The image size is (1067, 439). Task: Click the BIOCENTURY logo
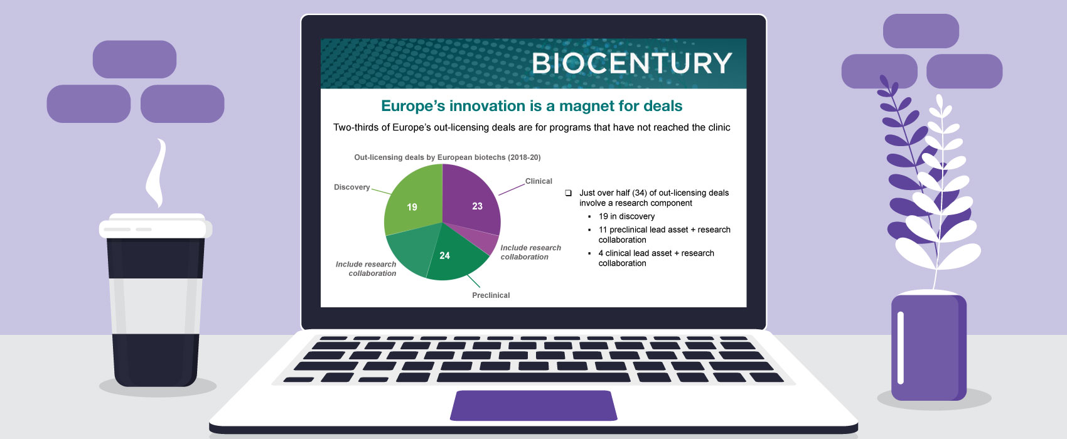click(631, 63)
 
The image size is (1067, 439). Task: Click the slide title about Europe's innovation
click(532, 106)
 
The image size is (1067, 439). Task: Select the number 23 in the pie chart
click(477, 206)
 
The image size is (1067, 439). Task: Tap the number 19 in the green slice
click(412, 207)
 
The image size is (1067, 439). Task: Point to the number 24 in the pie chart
click(444, 256)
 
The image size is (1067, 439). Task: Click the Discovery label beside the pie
click(351, 187)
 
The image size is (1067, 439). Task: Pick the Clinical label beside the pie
click(539, 181)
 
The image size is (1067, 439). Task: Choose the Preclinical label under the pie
click(491, 295)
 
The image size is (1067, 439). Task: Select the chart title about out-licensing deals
click(447, 157)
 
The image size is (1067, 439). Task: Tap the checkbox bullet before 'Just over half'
click(568, 193)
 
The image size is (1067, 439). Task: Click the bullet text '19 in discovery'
click(626, 216)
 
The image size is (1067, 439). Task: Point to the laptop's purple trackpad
click(533, 405)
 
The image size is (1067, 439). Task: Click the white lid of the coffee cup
click(156, 227)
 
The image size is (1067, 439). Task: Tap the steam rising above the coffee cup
click(156, 172)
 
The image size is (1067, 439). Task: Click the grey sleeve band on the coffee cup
click(155, 306)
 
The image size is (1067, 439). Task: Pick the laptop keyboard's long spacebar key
click(533, 378)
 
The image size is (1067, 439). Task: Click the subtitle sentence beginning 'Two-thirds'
click(532, 127)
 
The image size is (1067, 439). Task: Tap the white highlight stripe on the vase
click(901, 347)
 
